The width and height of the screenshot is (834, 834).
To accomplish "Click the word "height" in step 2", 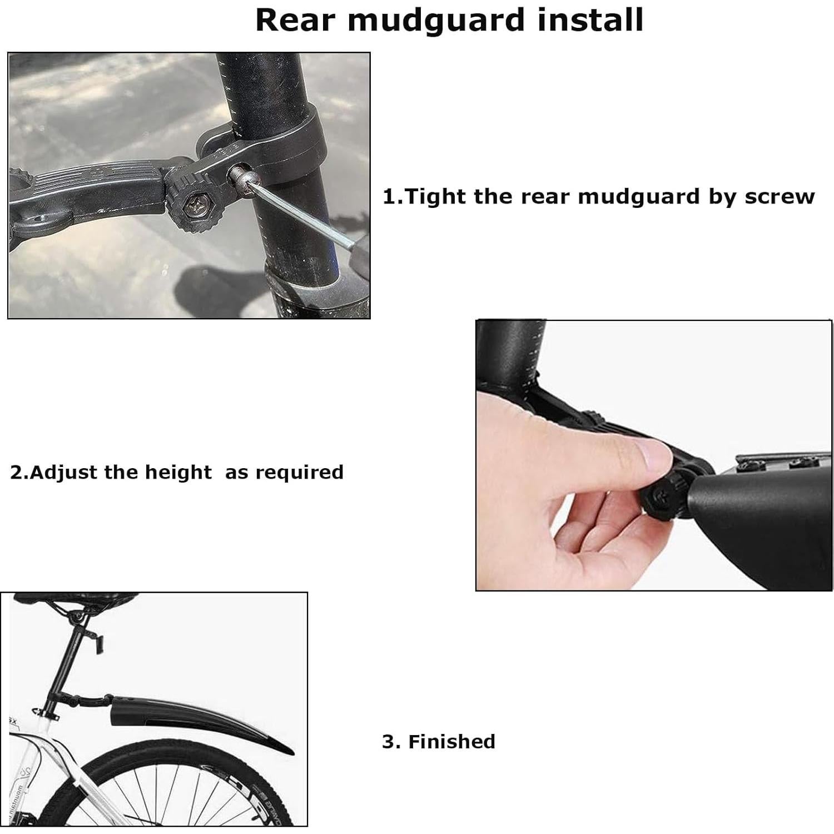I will (178, 472).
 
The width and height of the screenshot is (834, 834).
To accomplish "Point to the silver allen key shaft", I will (311, 226).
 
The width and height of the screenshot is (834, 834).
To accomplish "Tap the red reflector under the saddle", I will (100, 646).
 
